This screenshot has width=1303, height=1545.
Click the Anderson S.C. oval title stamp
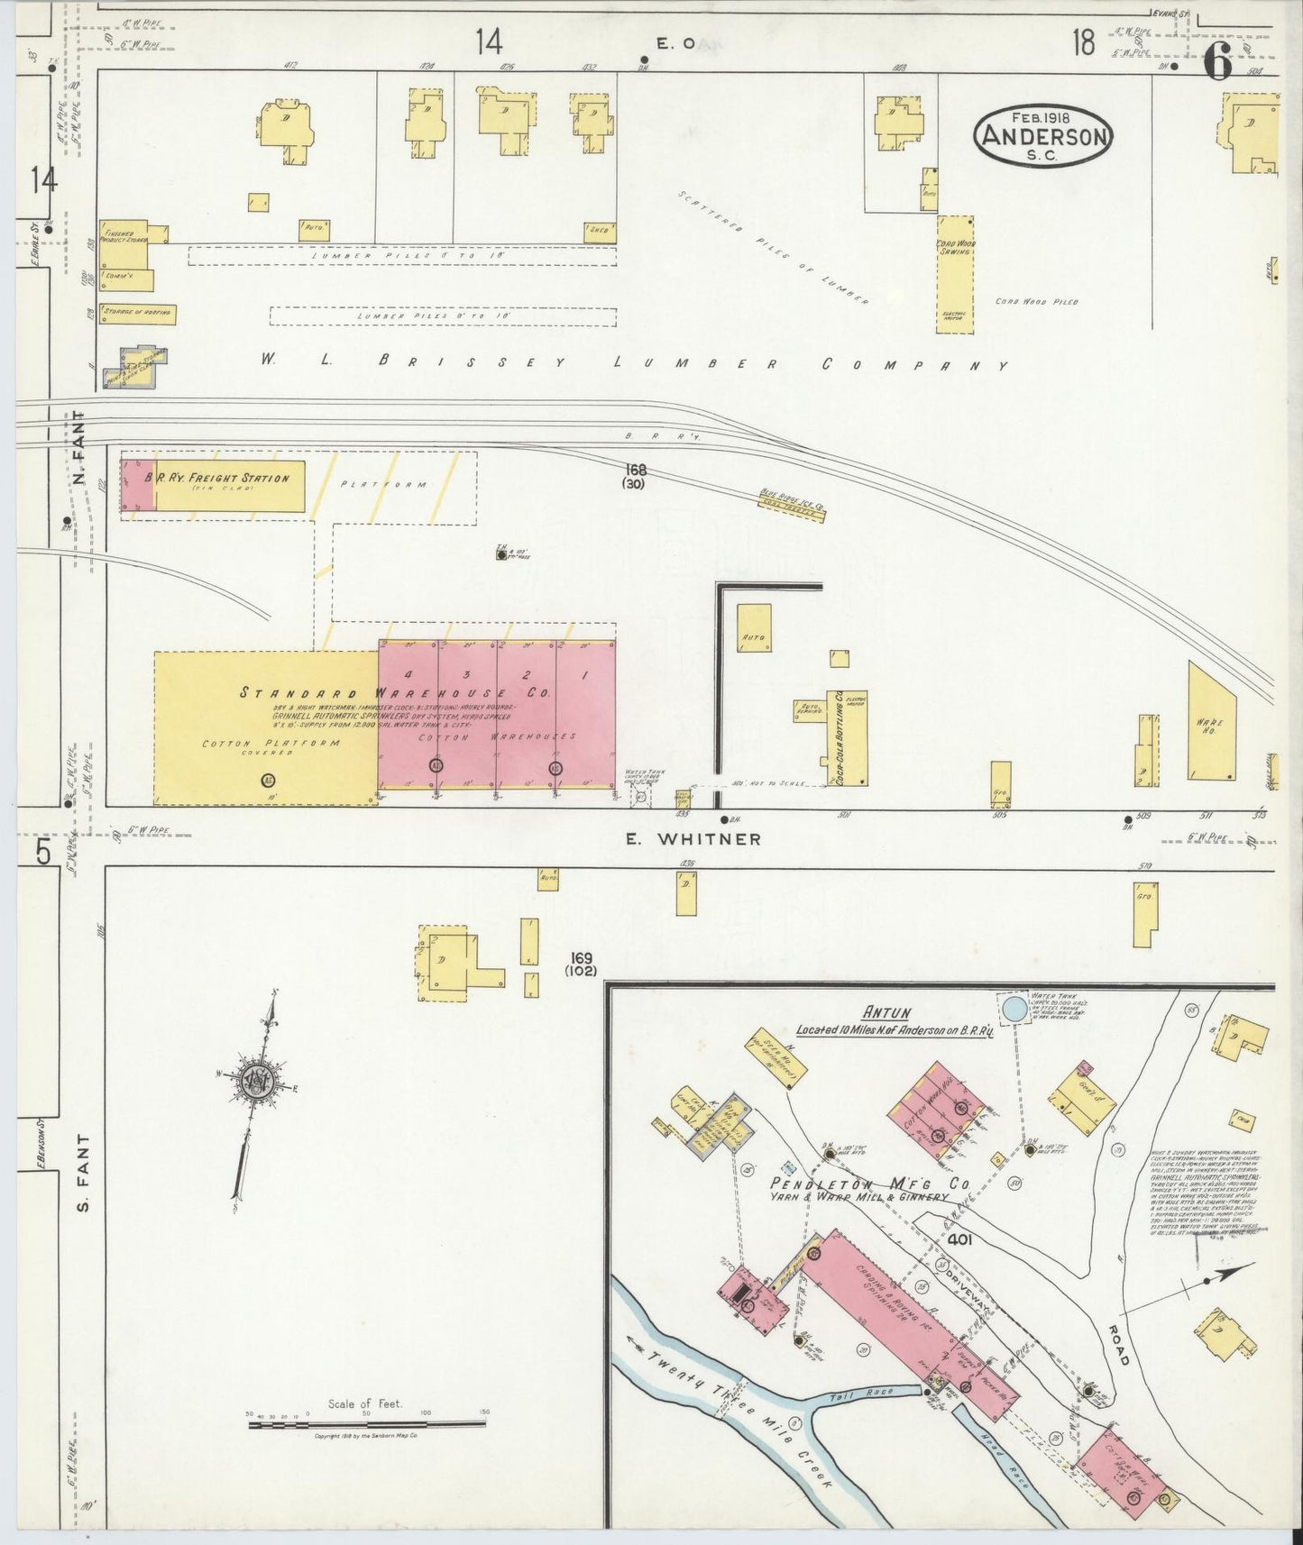coord(1044,135)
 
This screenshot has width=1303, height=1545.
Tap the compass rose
coord(259,1083)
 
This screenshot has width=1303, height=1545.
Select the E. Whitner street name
coord(693,839)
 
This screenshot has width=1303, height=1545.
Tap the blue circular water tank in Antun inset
coord(1014,1007)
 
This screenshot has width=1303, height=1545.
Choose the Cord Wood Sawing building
coord(955,274)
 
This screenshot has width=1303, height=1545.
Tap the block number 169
coord(581,958)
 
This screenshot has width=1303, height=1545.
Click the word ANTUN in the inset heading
coord(886,1013)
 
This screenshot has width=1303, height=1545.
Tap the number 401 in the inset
coord(959,1240)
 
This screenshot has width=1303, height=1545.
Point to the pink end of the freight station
coord(137,487)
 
